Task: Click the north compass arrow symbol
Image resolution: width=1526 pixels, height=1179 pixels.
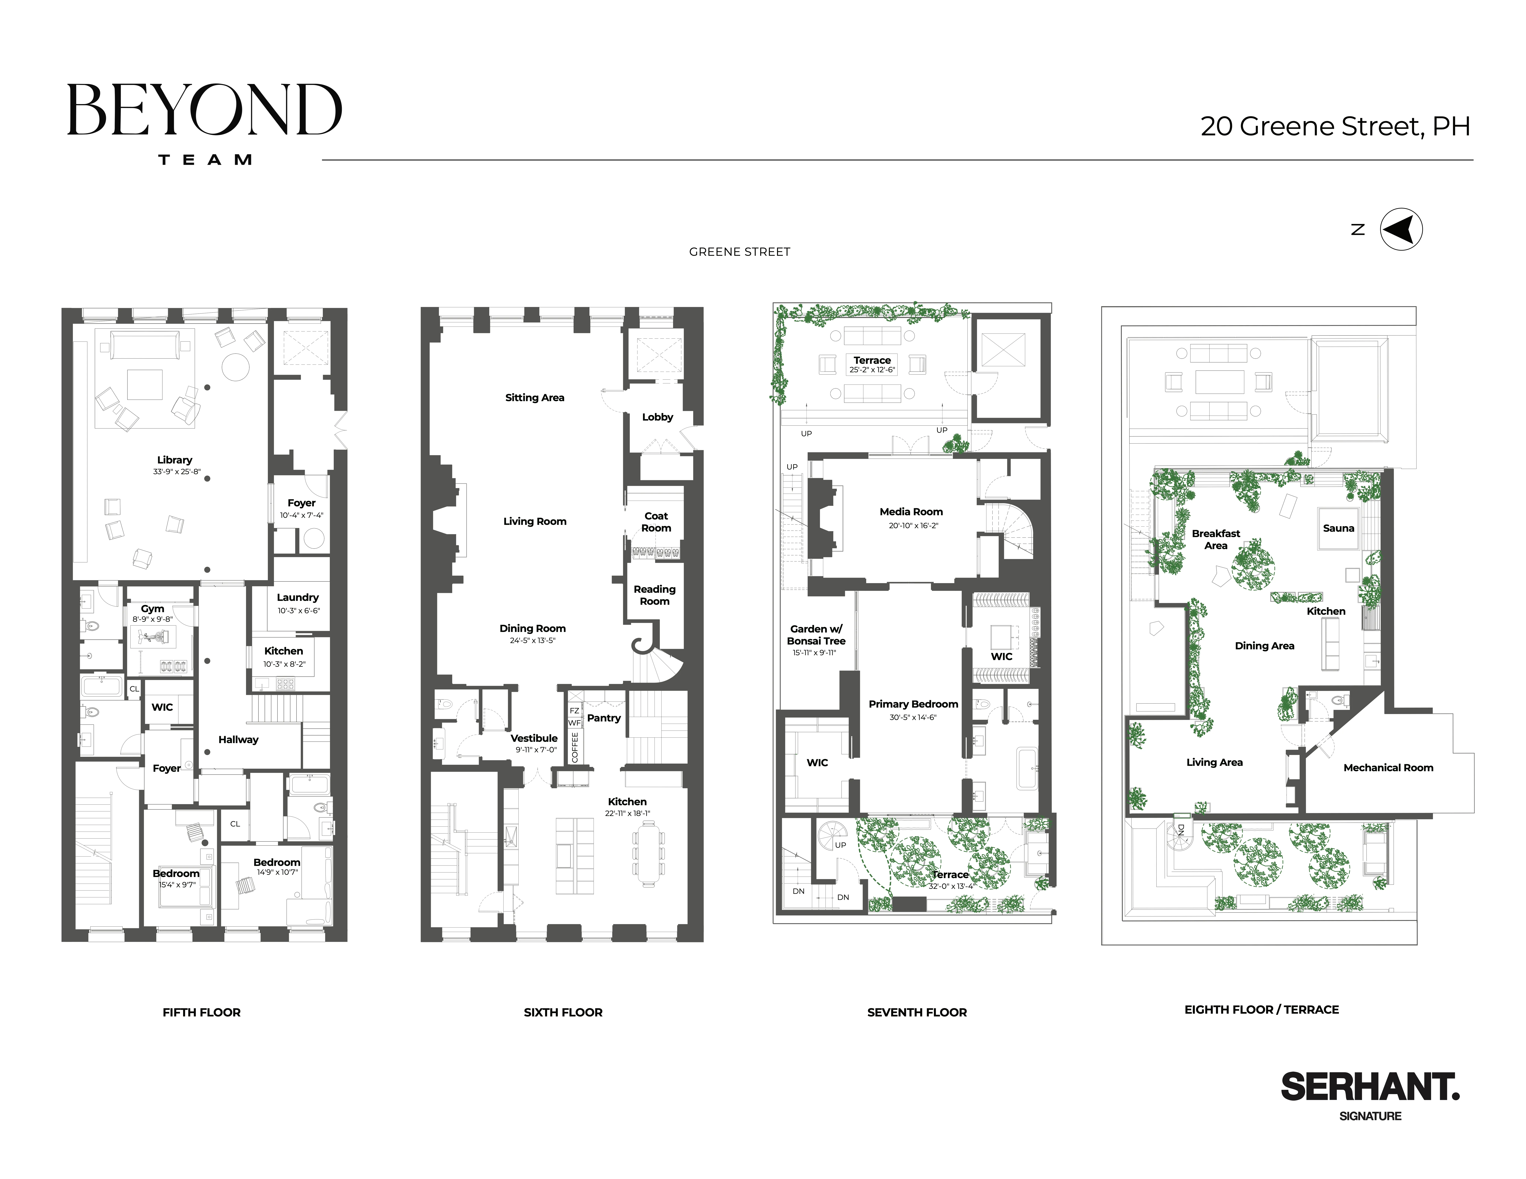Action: (x=1401, y=229)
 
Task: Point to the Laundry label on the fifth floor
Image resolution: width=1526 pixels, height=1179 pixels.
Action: (x=298, y=597)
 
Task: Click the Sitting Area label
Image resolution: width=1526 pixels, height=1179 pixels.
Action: (x=535, y=397)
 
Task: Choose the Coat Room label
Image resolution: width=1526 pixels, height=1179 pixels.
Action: (x=656, y=522)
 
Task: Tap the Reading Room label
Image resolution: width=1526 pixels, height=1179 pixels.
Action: (x=655, y=595)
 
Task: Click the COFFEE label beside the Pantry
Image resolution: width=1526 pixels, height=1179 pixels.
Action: (x=575, y=747)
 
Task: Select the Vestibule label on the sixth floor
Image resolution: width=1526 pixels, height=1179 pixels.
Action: (x=534, y=738)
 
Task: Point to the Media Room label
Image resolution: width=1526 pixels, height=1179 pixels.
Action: (x=911, y=512)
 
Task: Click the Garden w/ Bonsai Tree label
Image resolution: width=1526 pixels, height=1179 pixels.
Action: (x=816, y=635)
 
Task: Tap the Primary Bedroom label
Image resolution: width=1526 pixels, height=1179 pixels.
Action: (x=913, y=704)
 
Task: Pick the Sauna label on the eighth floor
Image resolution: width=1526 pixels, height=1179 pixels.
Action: (x=1338, y=528)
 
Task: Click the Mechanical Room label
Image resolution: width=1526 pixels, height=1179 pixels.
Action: (x=1388, y=768)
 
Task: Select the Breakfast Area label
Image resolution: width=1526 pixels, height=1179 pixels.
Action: (x=1216, y=539)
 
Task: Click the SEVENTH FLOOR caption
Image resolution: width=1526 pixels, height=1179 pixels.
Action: (x=917, y=1012)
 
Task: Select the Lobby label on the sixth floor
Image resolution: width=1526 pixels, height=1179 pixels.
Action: (x=658, y=417)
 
